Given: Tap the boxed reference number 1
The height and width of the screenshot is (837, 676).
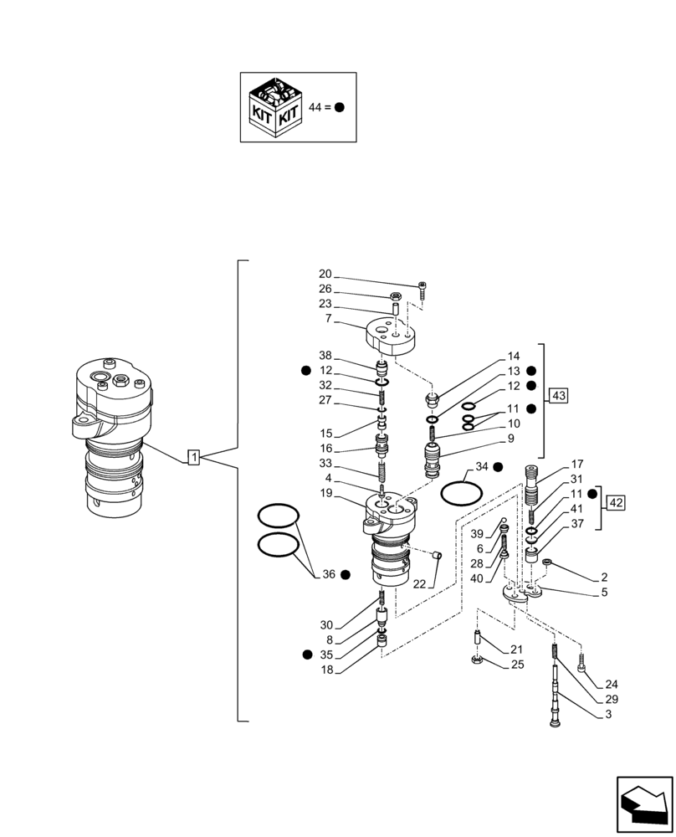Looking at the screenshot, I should coord(193,457).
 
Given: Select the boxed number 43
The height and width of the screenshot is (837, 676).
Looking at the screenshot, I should coord(558,394).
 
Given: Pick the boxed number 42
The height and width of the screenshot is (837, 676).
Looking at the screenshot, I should coord(616,502).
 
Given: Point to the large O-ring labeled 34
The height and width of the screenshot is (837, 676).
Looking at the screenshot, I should coord(460,492).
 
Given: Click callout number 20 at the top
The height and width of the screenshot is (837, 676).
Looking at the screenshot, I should coord(325,275).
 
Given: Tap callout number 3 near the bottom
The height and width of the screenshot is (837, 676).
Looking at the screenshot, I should coord(608,714).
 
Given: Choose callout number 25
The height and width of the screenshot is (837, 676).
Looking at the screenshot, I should coord(517,665).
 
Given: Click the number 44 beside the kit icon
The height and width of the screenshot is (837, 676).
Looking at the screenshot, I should coord(315,107).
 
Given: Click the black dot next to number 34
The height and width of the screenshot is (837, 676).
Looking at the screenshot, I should coord(497,466).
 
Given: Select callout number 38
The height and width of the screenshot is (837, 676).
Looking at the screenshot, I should coord(325,355).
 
